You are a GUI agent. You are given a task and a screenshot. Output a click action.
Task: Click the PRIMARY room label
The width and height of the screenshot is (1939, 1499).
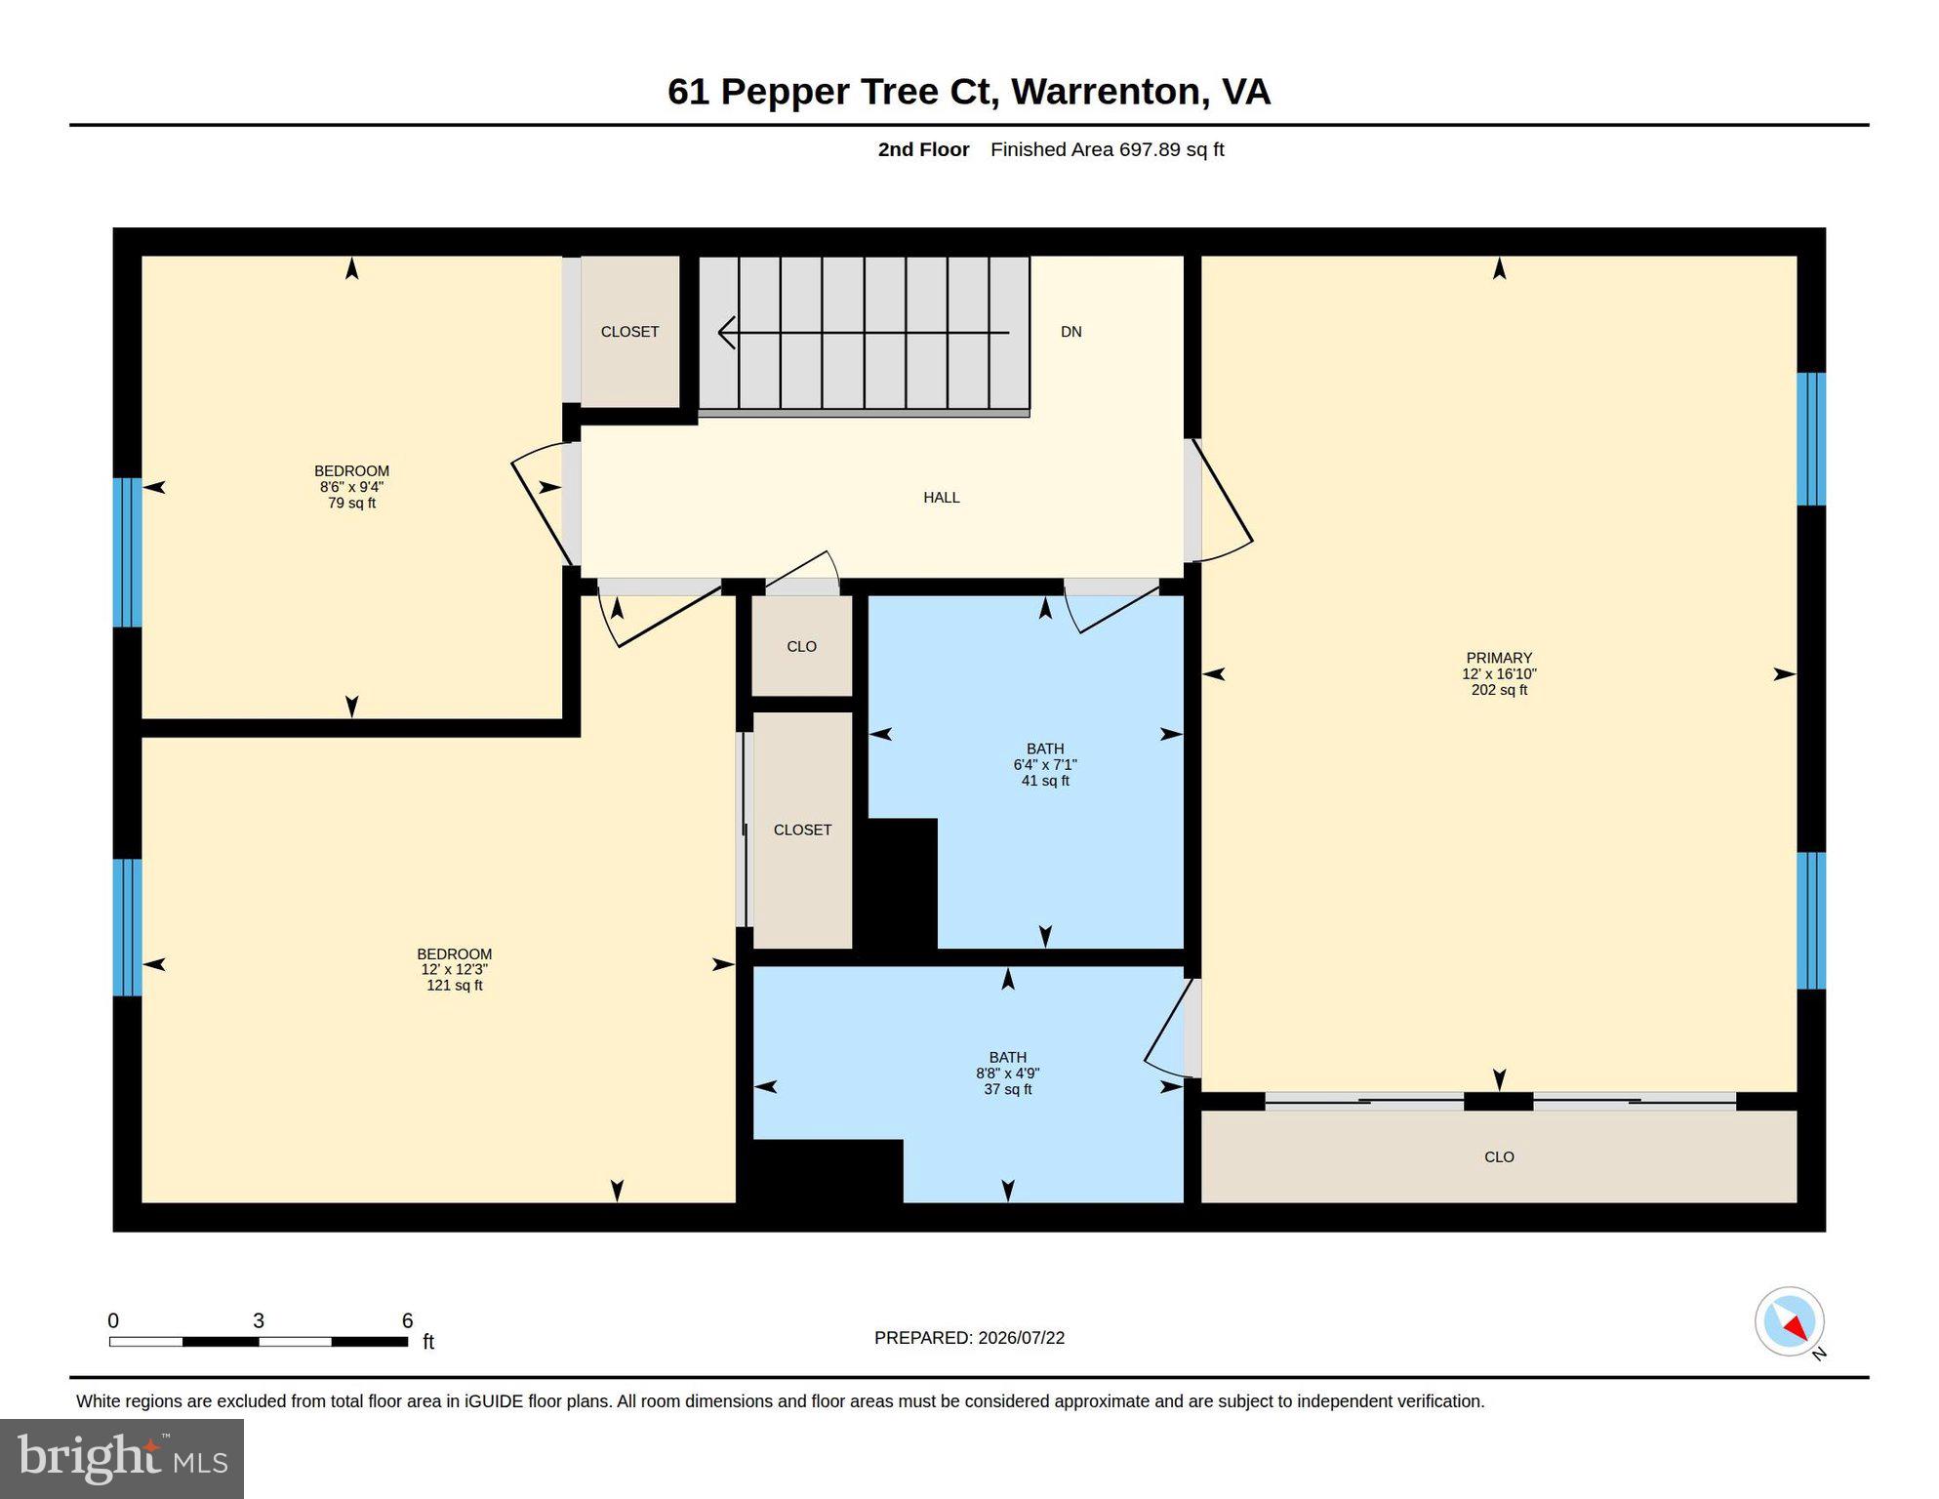point(1499,658)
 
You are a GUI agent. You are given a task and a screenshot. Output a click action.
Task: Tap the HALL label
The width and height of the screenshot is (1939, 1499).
point(942,498)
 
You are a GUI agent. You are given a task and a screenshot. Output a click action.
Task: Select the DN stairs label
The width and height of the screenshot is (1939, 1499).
point(1071,332)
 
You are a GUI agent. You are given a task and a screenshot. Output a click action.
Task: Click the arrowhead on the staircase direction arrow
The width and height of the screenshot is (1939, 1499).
point(727,333)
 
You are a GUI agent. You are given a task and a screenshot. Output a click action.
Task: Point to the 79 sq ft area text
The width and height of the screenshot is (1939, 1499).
point(351,504)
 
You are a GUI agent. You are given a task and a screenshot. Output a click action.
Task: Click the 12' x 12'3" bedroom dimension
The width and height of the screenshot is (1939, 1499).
point(455,969)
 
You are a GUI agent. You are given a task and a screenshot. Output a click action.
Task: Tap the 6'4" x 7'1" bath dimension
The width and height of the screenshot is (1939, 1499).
point(1045,765)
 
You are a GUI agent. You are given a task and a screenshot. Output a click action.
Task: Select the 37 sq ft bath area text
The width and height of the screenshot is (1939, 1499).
point(1008,1089)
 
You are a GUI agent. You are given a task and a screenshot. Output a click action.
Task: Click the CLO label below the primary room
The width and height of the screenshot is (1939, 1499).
point(1499,1157)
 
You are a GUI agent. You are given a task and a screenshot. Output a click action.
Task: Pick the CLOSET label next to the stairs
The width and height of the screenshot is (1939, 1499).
point(629,332)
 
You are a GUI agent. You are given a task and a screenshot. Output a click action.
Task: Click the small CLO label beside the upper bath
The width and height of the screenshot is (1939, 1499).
point(801,647)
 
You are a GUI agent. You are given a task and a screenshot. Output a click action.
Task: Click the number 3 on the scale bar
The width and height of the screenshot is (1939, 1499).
point(259,1320)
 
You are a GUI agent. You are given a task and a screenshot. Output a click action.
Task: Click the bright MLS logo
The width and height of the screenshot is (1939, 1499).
point(122,1458)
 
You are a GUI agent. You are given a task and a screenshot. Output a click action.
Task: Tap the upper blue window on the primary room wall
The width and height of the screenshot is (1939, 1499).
point(1811,439)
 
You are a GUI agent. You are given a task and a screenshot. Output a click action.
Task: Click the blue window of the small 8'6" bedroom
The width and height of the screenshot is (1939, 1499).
point(128,552)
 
